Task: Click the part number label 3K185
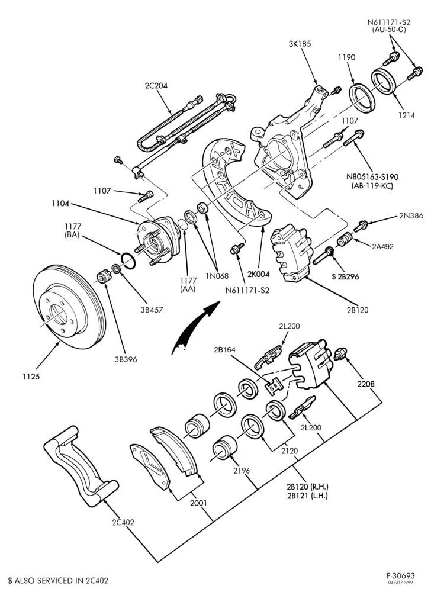[x=300, y=44]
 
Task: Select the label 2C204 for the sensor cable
[x=156, y=86]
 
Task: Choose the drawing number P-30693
[x=400, y=576]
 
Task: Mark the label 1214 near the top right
[x=407, y=116]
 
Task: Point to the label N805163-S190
[x=372, y=176]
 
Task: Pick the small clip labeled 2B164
[x=274, y=385]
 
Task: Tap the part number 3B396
[x=126, y=359]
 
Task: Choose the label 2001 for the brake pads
[x=198, y=503]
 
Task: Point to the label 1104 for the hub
[x=61, y=204]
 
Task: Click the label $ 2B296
[x=346, y=276]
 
